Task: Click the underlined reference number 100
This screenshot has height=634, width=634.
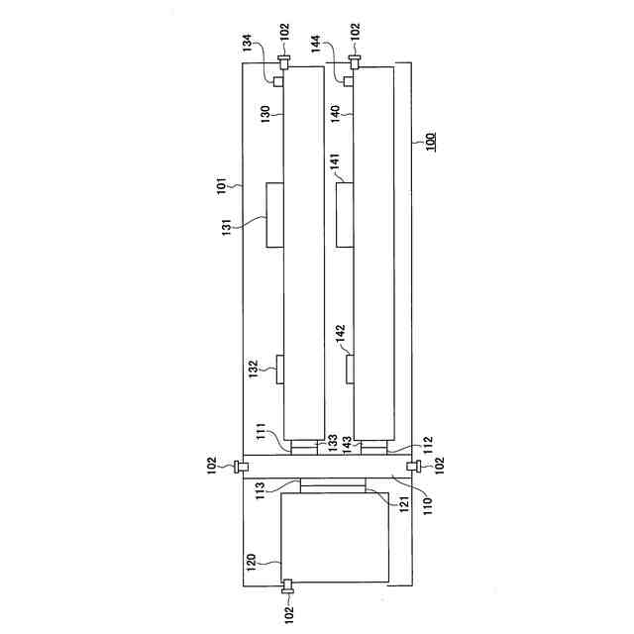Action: (431, 142)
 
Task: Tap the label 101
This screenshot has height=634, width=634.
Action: (222, 185)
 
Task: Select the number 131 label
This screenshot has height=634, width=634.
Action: (227, 227)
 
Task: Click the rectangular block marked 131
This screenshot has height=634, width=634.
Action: (275, 215)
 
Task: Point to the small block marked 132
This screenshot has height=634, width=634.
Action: (279, 370)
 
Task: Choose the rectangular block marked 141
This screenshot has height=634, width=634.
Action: (345, 214)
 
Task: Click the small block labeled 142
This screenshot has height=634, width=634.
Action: (350, 369)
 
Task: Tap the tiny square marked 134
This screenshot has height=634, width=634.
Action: (278, 81)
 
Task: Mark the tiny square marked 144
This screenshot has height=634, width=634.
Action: (348, 81)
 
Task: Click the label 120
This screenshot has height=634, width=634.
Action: (251, 563)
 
